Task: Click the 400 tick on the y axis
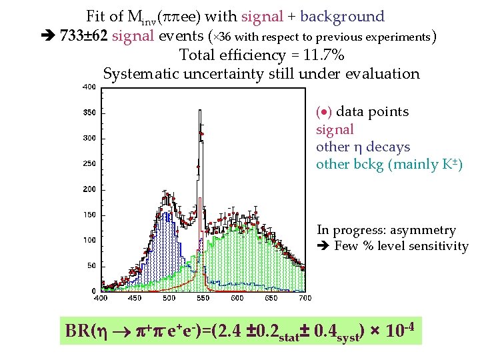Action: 87,87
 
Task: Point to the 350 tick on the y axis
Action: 87,113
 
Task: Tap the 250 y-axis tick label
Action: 87,163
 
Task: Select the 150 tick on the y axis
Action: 87,215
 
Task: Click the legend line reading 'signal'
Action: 335,129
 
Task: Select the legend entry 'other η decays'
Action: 363,147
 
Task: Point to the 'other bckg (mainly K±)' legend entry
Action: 389,164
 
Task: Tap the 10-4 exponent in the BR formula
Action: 401,329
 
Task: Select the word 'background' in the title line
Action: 343,17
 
